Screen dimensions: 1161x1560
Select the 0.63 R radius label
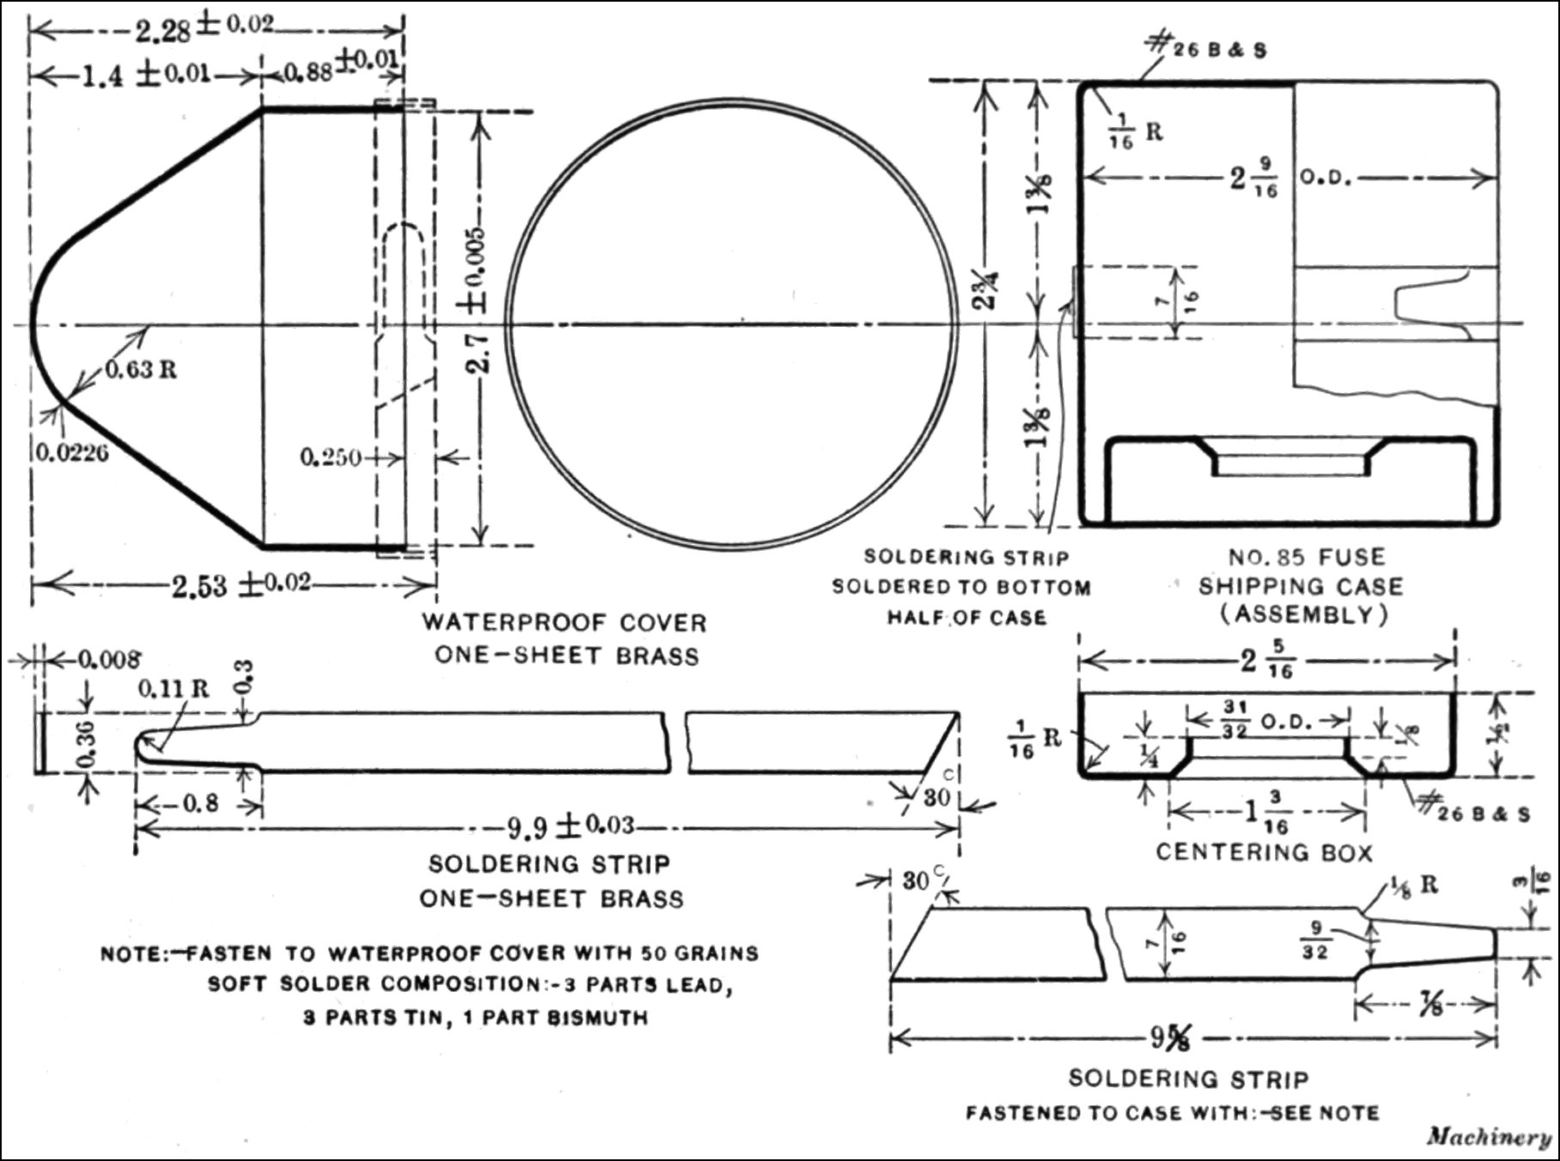[142, 370]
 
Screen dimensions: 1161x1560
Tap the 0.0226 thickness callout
[72, 452]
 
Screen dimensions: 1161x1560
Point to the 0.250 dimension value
[331, 457]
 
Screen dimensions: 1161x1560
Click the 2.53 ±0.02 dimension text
[240, 585]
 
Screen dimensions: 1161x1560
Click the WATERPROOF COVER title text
[564, 622]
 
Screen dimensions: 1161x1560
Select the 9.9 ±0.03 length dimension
[570, 827]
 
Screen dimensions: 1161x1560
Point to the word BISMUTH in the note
[598, 1019]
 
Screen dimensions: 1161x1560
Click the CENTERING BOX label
[1264, 852]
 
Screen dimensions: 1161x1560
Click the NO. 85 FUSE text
[1307, 558]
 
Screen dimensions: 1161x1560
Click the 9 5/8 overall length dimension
[1171, 1038]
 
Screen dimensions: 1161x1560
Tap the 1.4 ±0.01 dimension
[146, 75]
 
